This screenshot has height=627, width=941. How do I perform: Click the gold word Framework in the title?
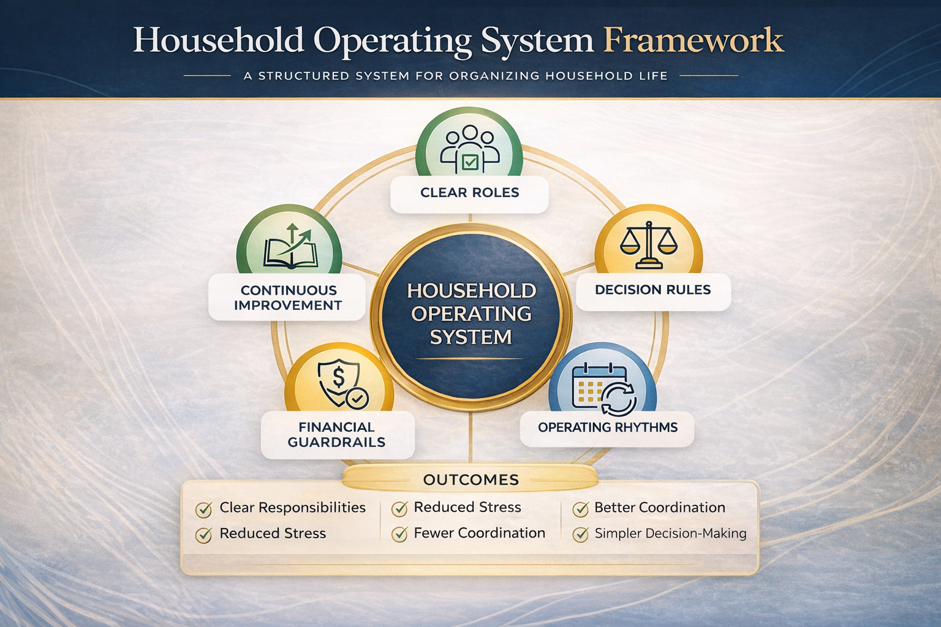[x=693, y=40]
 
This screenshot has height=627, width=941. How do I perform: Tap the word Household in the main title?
[x=218, y=40]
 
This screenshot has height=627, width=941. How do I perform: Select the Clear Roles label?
[x=469, y=193]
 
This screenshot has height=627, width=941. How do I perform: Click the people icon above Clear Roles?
[x=469, y=147]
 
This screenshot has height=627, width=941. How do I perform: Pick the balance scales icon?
[x=648, y=245]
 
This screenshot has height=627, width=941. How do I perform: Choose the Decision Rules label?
[x=652, y=290]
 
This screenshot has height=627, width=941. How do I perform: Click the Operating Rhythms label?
[x=607, y=427]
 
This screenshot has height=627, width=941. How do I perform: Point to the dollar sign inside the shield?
[x=338, y=377]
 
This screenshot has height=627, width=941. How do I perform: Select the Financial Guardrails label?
[x=336, y=435]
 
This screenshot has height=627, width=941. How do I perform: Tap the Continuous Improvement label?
[x=288, y=298]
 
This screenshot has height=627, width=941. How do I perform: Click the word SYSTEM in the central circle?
[x=470, y=337]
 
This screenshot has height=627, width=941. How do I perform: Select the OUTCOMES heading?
[x=470, y=480]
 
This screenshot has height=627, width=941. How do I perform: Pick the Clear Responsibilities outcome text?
[x=292, y=508]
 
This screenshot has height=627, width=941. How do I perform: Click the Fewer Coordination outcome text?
[x=479, y=533]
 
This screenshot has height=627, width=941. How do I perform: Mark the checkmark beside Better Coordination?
[x=580, y=509]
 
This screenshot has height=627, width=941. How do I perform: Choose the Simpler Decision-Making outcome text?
[x=670, y=533]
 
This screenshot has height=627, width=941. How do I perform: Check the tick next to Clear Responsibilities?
[x=203, y=509]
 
